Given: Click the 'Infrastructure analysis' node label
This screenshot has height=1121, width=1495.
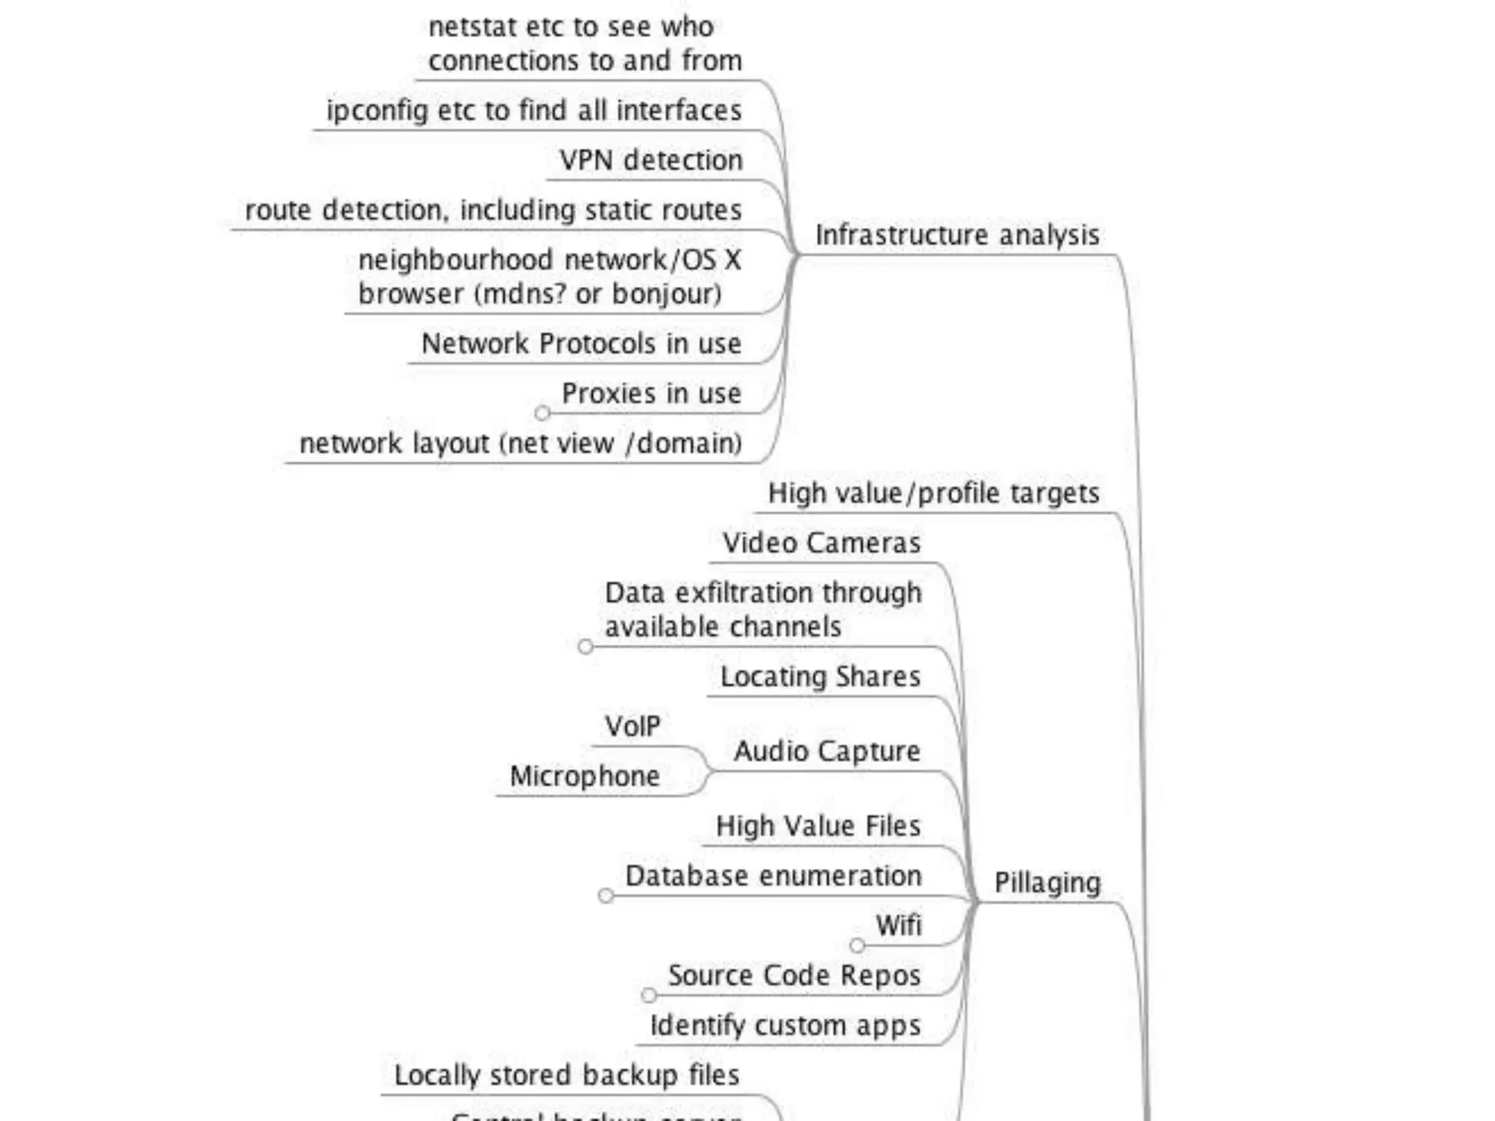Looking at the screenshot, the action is (957, 235).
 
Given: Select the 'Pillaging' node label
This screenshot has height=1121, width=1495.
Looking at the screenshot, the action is (1047, 883).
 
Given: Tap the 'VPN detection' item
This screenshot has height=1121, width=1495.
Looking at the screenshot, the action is (651, 160).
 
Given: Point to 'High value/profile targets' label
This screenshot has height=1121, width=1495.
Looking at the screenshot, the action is (934, 493).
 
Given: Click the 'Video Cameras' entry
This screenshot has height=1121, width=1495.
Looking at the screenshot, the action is (821, 543).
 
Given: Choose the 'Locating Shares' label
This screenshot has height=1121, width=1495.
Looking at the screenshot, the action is (820, 677).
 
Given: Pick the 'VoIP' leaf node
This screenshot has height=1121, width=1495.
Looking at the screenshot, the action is (632, 726).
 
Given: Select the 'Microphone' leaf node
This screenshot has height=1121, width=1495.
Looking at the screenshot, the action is (585, 776).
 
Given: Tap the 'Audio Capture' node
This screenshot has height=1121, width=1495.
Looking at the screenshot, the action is (827, 751).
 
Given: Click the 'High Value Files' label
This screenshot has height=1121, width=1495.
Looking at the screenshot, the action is (818, 826).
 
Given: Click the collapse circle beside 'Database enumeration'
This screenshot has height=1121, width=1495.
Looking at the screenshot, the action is (606, 895).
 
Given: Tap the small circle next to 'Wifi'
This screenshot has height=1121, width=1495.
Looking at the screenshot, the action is (858, 946).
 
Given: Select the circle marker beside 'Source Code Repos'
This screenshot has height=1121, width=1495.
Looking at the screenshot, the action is (649, 995).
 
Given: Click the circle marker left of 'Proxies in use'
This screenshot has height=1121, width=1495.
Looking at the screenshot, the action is (542, 413).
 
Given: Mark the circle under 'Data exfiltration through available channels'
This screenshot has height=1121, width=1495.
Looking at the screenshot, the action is (585, 647).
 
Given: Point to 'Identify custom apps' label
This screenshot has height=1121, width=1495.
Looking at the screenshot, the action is (785, 1025).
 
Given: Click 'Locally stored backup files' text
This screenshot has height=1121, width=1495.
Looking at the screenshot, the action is (566, 1075).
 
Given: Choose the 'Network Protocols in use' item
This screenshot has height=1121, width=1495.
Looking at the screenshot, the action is (581, 344).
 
